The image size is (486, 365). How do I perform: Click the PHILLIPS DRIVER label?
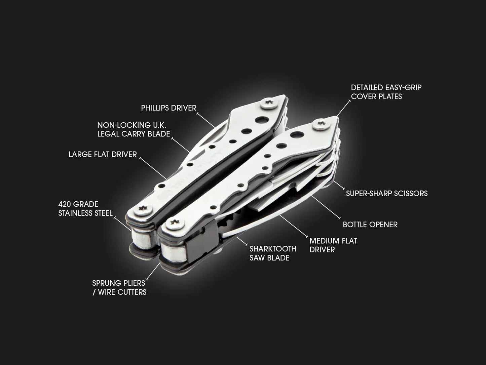pyautogui.click(x=169, y=108)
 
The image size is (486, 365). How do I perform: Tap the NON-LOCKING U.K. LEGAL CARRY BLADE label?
pyautogui.click(x=134, y=129)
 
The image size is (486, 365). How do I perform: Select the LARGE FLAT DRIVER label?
pyautogui.click(x=103, y=154)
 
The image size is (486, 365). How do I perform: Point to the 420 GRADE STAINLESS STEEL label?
pyautogui.click(x=85, y=209)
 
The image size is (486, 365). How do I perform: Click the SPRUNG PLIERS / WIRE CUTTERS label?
pyautogui.click(x=119, y=287)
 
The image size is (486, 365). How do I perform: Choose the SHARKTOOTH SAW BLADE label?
pyautogui.click(x=272, y=253)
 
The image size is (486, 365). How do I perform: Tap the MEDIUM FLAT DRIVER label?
pyautogui.click(x=333, y=245)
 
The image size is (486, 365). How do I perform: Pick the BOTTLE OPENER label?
pyautogui.click(x=370, y=225)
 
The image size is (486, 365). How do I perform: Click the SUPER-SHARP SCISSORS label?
pyautogui.click(x=387, y=193)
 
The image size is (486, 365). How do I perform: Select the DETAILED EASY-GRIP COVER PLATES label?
pyautogui.click(x=386, y=92)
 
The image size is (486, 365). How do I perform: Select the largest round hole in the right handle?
pyautogui.click(x=297, y=135)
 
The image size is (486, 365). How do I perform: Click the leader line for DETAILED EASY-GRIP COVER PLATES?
pyautogui.click(x=343, y=108)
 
